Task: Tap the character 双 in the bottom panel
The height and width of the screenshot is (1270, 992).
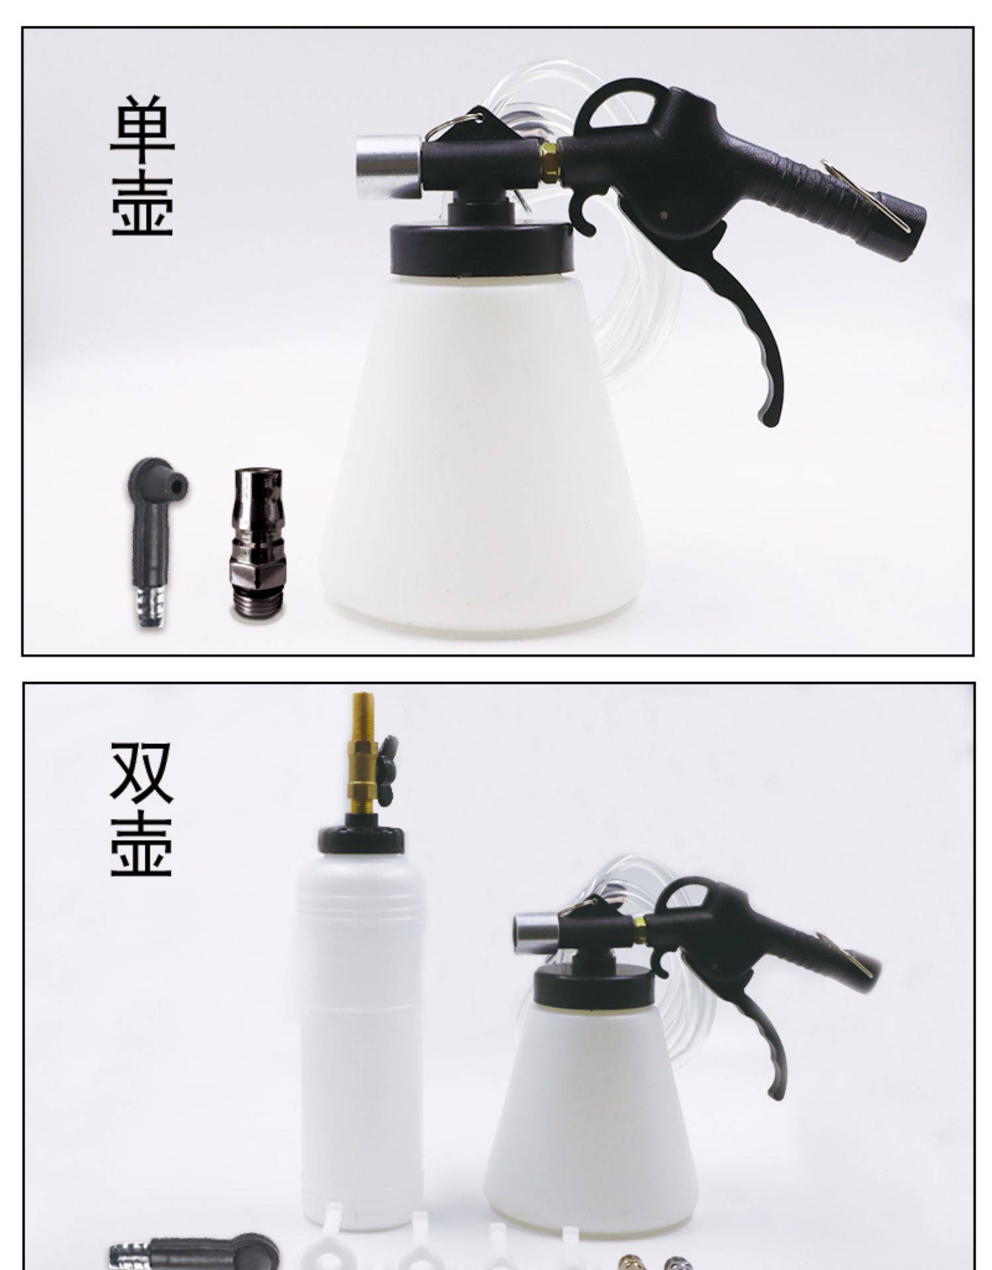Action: [x=142, y=773]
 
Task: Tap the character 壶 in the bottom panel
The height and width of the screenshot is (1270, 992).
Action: [x=142, y=844]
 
